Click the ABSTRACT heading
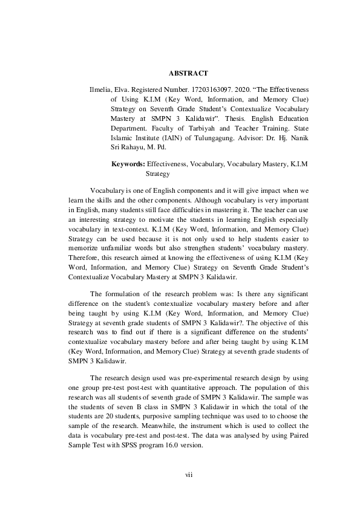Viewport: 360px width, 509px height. (x=188, y=73)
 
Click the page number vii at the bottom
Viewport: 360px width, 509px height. (x=188, y=475)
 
